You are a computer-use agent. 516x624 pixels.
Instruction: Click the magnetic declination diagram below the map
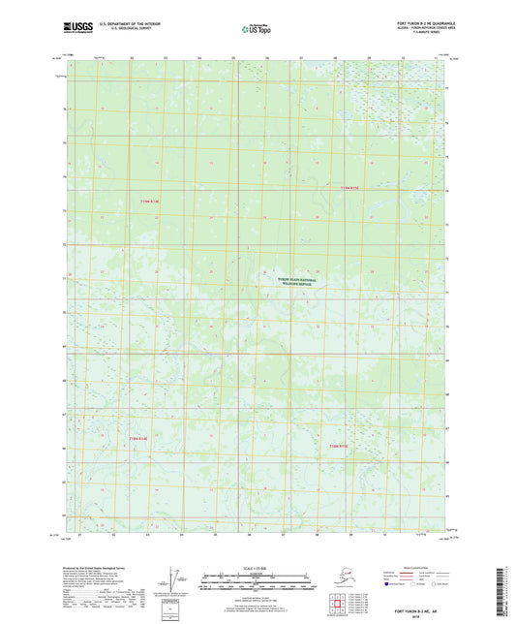click(x=176, y=580)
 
